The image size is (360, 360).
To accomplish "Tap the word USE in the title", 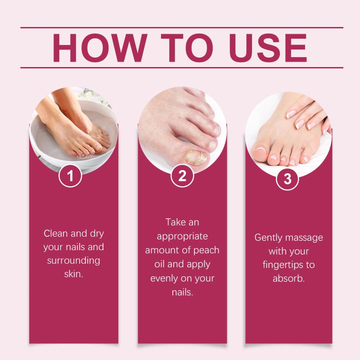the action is coord(268,48).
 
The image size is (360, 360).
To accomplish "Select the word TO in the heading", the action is coord(187,48).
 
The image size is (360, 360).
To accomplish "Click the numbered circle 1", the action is coord(70,175).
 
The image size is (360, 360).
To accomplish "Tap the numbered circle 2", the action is coord(182,175).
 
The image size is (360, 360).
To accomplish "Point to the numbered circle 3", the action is coord(288,179).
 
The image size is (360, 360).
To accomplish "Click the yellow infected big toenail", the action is coord(197,157).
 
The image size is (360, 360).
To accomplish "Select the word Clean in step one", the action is coord(56,234).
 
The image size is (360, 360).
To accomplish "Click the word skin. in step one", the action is coord(74,274).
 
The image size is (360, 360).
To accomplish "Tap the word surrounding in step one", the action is coord(74,261).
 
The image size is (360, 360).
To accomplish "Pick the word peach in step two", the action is coord(206,251).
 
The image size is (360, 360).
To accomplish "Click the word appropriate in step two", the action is coord(182,237).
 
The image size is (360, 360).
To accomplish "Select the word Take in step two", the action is coord(174,222).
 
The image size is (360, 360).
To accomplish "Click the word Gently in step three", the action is coord(268,238).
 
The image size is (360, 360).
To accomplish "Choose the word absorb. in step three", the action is coord(288,279).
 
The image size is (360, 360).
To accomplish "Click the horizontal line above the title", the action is coord(182,27).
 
